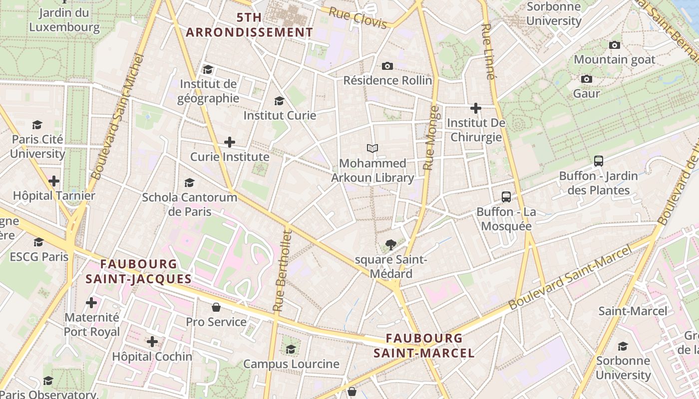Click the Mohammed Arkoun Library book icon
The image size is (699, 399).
coord(372,148)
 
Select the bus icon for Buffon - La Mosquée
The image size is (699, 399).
coord(506,197)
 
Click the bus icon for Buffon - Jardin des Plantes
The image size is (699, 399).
coord(599,161)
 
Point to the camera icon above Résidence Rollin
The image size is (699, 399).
coord(387,66)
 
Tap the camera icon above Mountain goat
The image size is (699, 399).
coord(615,45)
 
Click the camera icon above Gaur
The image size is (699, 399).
coord(587,79)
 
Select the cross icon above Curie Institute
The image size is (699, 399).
coord(230,142)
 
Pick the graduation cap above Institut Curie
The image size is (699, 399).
coord(280,101)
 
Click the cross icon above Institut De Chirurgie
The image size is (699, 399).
coord(476,108)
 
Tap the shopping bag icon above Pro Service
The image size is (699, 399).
coord(216,307)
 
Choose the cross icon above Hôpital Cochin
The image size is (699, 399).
coord(152,342)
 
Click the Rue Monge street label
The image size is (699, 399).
coord(431,138)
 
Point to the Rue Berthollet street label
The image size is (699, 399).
coord(282,270)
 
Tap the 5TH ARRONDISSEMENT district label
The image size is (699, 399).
coord(249,25)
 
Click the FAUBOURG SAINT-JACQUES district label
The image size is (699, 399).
coord(138,271)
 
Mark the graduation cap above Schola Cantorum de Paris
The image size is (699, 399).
coord(189,183)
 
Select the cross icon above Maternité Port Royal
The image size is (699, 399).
coord(91,303)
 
